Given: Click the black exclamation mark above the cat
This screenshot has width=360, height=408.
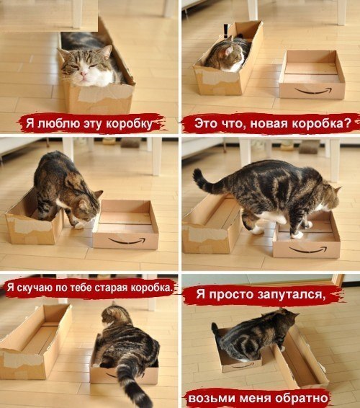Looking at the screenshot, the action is [226, 30].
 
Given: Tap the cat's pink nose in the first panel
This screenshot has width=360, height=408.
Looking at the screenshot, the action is [84, 74].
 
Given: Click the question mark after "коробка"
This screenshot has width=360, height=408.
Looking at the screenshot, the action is [348, 123].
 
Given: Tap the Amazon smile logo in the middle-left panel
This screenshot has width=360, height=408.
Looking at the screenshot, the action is [126, 241].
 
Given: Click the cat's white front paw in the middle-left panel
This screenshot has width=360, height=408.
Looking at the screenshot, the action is [78, 225].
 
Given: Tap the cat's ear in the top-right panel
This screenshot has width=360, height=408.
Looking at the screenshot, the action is [229, 50].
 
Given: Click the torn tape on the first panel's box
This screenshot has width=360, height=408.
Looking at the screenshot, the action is [104, 94].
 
